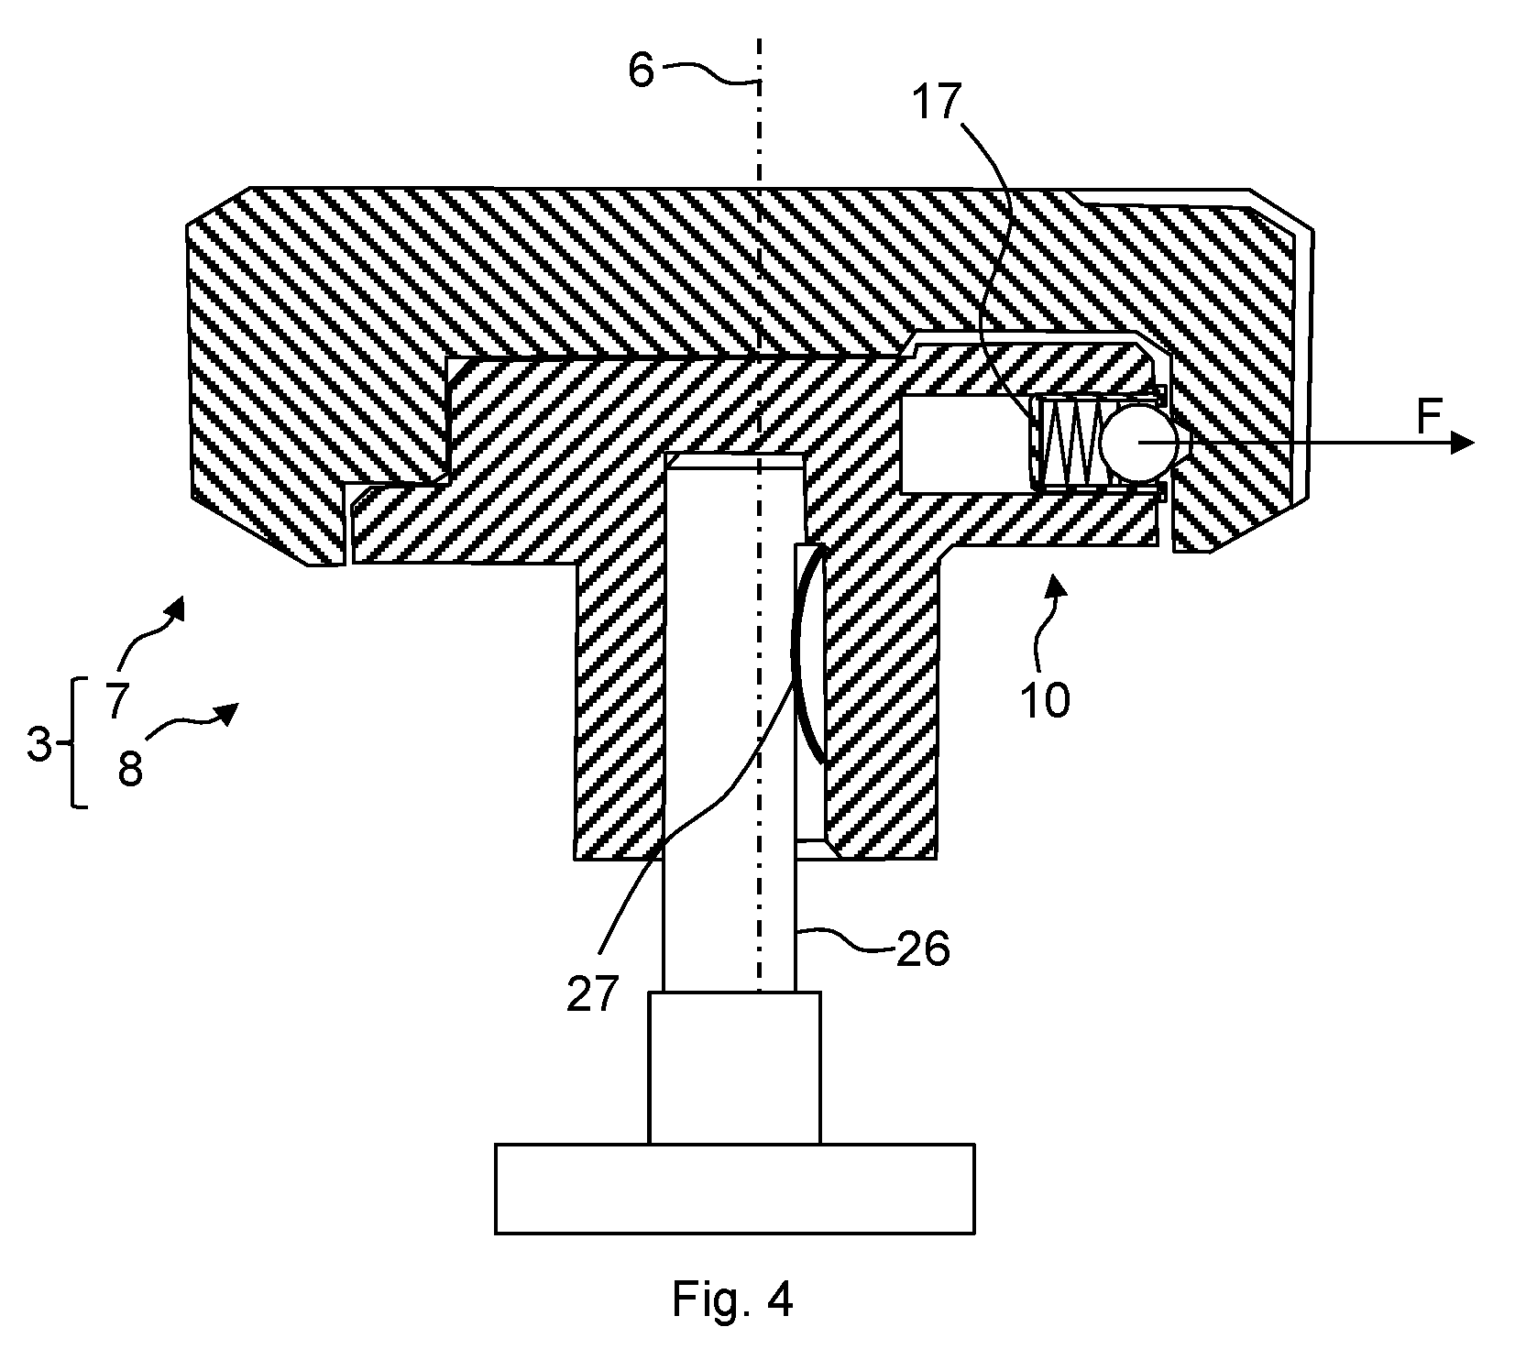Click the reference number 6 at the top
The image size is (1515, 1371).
(x=642, y=69)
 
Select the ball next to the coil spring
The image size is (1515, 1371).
(x=1136, y=442)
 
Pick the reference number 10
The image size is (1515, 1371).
(x=1044, y=700)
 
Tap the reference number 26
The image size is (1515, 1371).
(x=922, y=950)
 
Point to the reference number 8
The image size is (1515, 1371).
(x=130, y=769)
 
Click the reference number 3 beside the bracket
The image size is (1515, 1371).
(x=39, y=745)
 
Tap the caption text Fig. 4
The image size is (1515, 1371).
(x=732, y=1299)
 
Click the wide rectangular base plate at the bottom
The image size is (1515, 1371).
(x=734, y=1188)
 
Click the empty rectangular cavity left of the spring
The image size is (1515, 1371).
(x=962, y=442)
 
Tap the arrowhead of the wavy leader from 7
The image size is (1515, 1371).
(x=175, y=608)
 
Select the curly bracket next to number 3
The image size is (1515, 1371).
(x=73, y=742)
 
